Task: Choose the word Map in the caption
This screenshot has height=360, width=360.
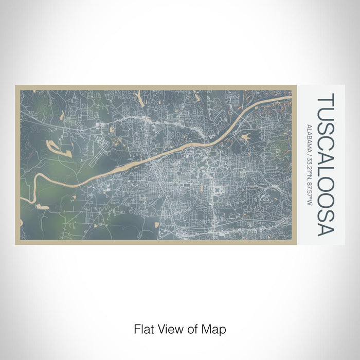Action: [x=215, y=329]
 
